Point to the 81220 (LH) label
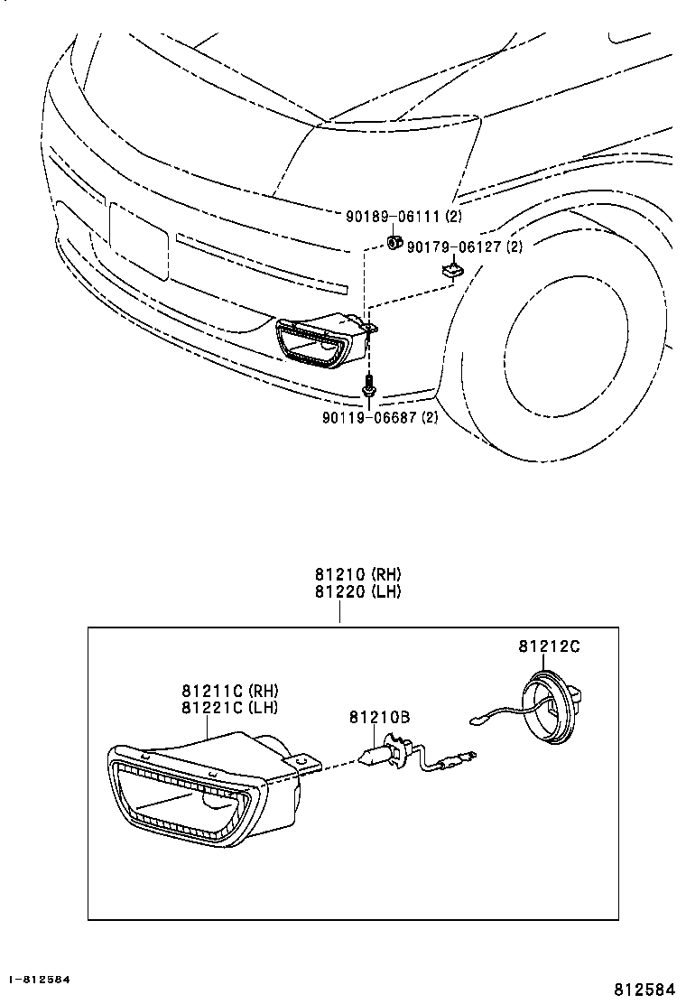click(x=357, y=592)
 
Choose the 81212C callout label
click(x=549, y=646)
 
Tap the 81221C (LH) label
click(x=229, y=708)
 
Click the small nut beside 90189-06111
click(x=394, y=241)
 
